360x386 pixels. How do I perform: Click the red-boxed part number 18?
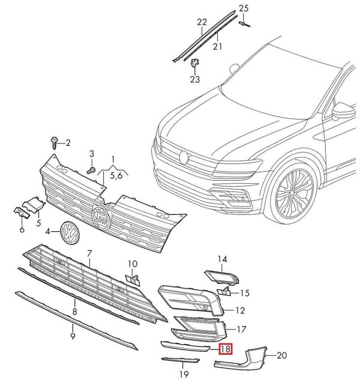click(226, 348)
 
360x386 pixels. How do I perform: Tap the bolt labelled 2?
click(55, 143)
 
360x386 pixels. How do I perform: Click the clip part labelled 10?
click(133, 278)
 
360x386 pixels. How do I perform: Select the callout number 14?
click(222, 259)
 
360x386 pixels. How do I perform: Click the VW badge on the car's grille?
click(184, 157)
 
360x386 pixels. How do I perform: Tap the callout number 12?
click(240, 310)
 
